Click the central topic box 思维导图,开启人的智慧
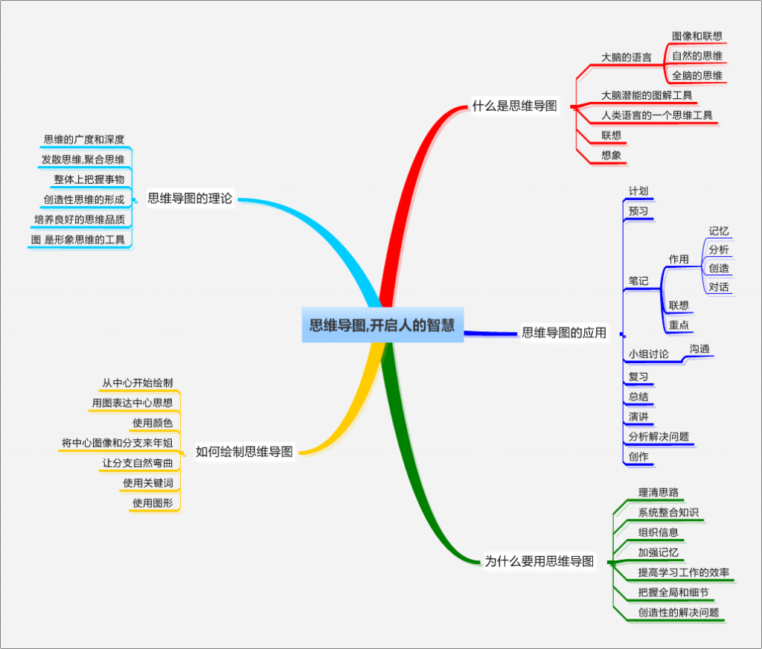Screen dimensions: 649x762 (382, 325)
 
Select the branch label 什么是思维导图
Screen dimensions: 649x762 (514, 106)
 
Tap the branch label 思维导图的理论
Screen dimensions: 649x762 (190, 198)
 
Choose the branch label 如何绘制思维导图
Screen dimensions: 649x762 (244, 451)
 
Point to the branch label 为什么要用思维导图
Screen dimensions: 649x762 (540, 561)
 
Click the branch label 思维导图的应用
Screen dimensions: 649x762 (564, 332)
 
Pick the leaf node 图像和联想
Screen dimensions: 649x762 (697, 36)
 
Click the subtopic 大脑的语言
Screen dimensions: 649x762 (626, 57)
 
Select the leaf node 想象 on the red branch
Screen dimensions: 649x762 (612, 156)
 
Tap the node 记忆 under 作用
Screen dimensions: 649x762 (719, 231)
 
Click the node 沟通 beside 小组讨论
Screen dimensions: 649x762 (699, 348)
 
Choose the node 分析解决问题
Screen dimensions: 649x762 (659, 436)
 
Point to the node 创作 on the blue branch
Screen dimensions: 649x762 (638, 456)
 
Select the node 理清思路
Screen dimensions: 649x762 (658, 492)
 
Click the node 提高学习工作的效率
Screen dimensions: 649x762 (683, 572)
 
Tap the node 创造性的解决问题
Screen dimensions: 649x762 (678, 613)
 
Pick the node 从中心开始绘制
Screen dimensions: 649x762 (137, 383)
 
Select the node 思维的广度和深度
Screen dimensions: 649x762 (83, 139)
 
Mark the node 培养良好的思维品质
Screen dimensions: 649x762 (79, 219)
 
